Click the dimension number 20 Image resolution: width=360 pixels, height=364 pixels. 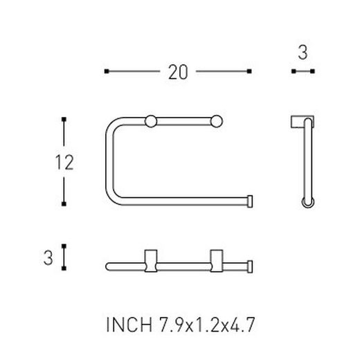tap(177, 71)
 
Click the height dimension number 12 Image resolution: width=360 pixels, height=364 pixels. tap(64, 162)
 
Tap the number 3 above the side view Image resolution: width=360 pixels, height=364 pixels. tap(303, 53)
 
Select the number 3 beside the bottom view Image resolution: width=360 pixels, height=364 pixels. tap(48, 257)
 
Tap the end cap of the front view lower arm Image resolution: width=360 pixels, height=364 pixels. tap(248, 202)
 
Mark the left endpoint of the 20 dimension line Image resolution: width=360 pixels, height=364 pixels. tap(105, 71)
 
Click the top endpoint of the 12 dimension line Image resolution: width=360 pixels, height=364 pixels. tap(64, 120)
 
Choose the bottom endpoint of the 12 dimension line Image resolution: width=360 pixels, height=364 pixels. tap(64, 203)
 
